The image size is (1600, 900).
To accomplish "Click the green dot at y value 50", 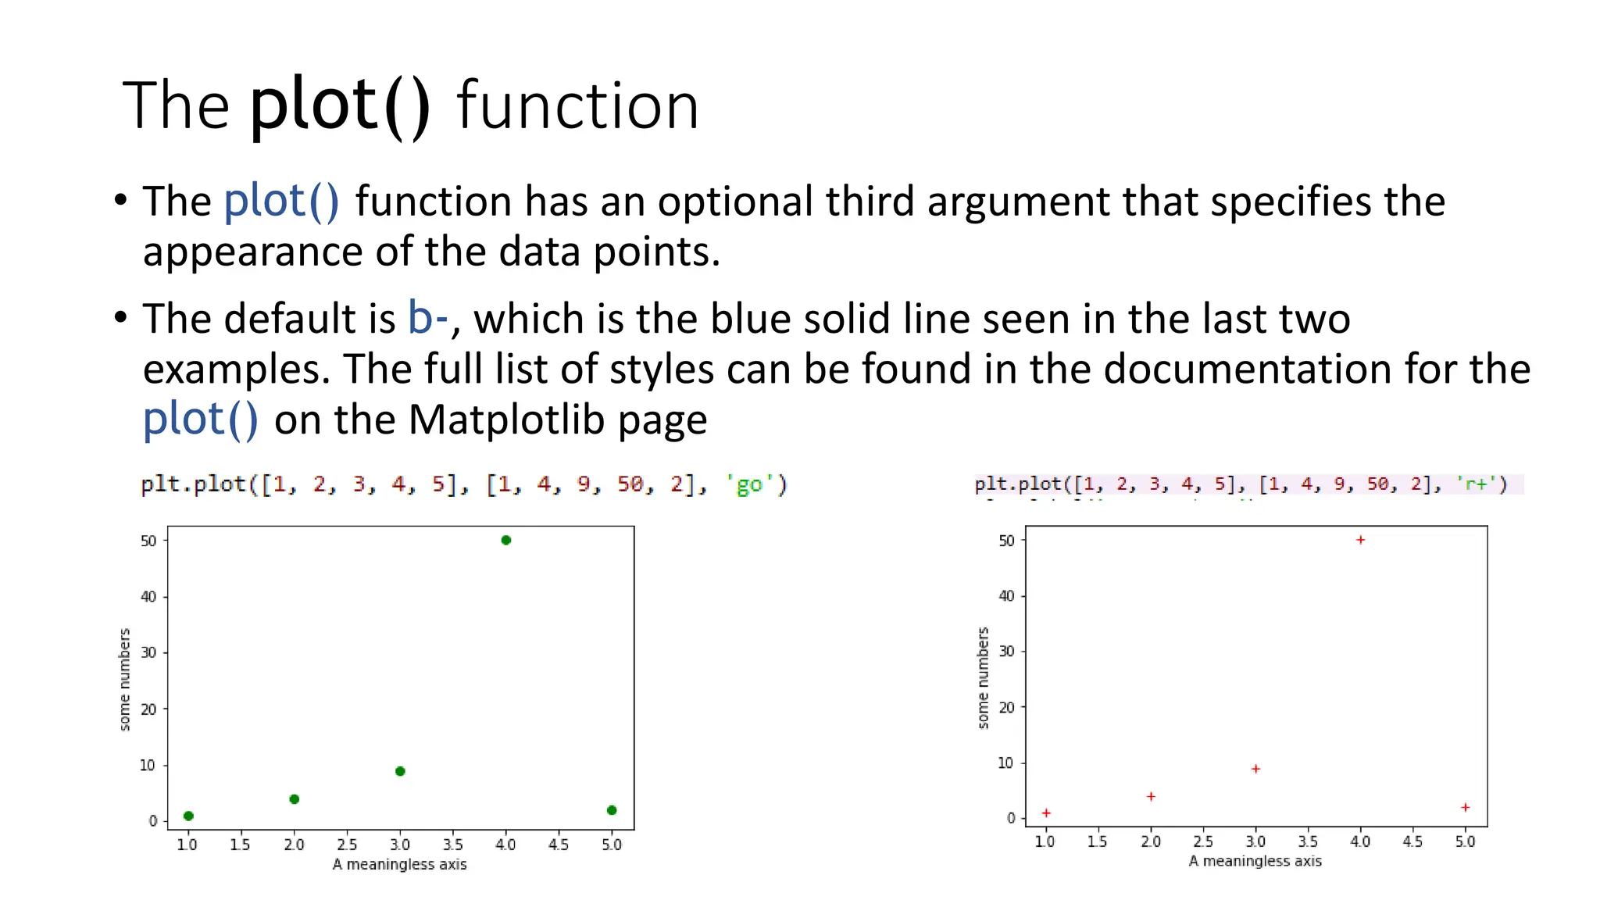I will coord(505,540).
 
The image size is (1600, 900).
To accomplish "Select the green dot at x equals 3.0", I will coord(400,771).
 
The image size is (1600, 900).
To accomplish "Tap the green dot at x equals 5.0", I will coord(612,810).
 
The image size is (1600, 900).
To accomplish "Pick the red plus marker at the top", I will coord(1360,540).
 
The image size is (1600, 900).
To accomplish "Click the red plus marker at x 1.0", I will coord(1046,813).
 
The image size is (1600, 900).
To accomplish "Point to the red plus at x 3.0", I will coord(1255,769).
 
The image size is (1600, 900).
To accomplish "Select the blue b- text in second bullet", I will coord(427,319).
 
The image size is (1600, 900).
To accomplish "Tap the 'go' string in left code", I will coord(749,485).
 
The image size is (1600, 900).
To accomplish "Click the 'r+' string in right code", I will coord(1475,484).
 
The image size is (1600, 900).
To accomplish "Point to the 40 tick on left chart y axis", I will coord(148,597).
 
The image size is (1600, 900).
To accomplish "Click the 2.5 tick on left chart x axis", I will coord(347,845).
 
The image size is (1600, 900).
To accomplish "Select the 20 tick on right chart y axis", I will coord(1006,708).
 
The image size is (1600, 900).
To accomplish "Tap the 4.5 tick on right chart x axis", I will coord(1412,841).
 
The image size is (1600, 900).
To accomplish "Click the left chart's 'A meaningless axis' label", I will coord(399,864).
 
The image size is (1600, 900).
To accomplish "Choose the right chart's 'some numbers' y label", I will coord(983,677).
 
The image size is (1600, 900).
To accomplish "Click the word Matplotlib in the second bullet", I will coord(507,420).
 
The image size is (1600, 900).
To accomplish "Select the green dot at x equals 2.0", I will coord(294,799).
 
